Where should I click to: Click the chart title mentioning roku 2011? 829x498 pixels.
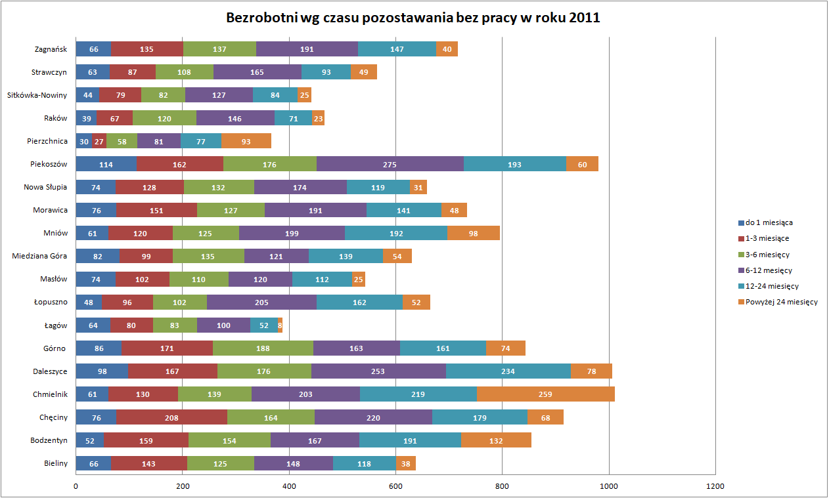pos(413,18)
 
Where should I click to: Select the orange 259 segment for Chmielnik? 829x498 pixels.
pos(545,394)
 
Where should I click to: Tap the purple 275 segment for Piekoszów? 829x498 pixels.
pos(390,164)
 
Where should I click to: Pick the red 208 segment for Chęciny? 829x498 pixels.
pos(171,417)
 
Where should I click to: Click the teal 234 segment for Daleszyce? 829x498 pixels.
pos(508,371)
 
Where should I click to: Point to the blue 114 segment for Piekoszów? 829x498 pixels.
pos(106,164)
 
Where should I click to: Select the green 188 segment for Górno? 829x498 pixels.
pos(263,348)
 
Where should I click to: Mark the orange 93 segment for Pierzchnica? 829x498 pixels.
pos(246,141)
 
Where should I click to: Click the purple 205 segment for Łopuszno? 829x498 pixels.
pos(261,302)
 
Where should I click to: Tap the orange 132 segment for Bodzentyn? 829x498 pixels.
pos(496,440)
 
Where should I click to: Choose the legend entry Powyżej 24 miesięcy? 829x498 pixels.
pos(781,302)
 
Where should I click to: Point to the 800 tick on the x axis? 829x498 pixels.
pos(502,486)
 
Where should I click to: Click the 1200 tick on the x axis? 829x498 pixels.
pos(715,486)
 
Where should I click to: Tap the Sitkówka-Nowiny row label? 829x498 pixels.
pos(37,95)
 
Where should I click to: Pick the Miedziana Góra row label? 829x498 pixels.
pos(39,256)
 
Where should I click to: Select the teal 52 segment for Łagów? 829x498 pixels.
pos(264,325)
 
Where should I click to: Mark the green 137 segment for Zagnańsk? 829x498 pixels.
pos(219,49)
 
